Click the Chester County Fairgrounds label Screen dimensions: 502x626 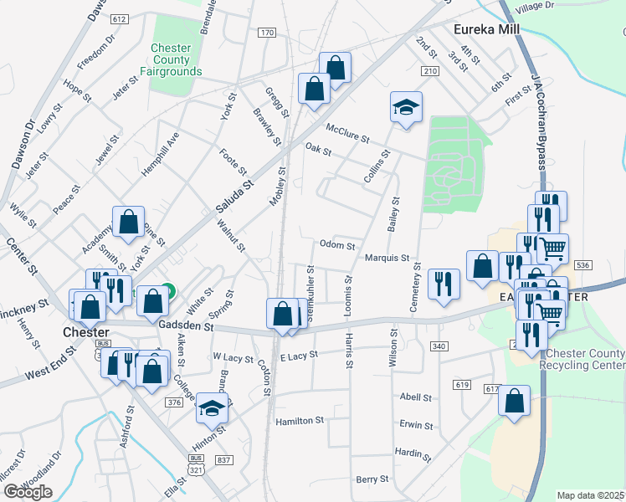176,59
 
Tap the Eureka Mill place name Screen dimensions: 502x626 486,29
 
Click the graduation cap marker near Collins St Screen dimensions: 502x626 406,108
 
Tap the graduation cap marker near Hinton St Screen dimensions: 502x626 212,409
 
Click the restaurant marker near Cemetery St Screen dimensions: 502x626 444,284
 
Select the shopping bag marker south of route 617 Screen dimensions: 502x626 514,401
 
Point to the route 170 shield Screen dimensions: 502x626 267,33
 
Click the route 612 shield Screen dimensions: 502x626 119,18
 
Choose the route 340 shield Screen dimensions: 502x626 438,346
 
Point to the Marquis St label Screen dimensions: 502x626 386,258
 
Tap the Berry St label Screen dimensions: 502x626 372,479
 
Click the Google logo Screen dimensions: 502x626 28,492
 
